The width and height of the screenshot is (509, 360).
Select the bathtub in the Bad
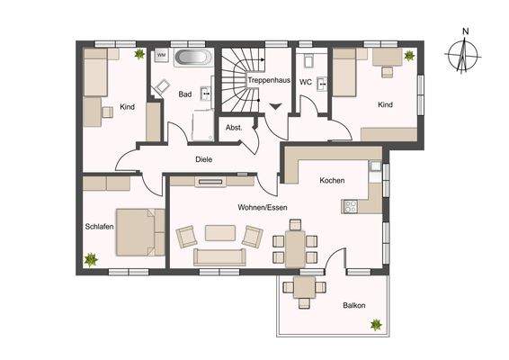coord(193,58)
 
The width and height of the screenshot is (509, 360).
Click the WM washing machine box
coord(162,55)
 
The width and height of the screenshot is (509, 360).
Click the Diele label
coord(204,159)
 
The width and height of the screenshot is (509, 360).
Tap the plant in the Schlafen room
coord(91,259)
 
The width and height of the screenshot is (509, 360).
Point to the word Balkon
coord(354,305)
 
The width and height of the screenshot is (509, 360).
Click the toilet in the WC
coord(309,62)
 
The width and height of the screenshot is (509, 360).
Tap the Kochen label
coord(332,181)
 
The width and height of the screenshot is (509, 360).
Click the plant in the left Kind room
coord(139,55)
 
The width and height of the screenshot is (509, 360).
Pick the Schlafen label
coord(99,227)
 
